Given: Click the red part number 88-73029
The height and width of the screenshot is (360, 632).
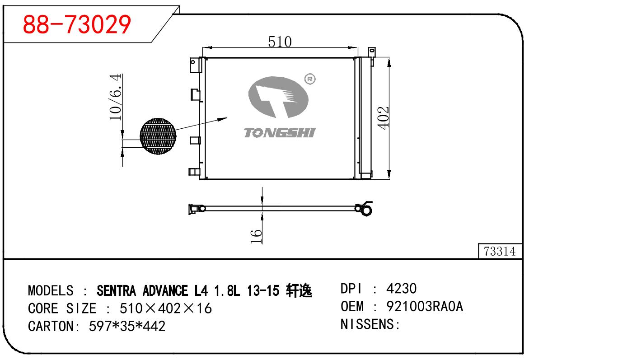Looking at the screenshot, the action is [77, 24].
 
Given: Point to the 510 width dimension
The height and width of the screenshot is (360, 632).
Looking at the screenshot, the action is [280, 42].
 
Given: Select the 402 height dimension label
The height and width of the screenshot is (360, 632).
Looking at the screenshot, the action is [383, 118].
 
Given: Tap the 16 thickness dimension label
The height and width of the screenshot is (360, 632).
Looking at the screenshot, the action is [256, 236].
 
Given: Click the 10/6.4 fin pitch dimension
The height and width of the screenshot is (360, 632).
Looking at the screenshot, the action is [116, 97].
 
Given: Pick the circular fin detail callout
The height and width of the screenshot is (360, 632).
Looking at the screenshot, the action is [158, 136].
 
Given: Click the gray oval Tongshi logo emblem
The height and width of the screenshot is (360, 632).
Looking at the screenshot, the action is [278, 97].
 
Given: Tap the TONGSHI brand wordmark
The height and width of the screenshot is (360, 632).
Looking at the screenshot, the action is [279, 133].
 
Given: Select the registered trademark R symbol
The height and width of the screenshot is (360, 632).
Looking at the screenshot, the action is [310, 79].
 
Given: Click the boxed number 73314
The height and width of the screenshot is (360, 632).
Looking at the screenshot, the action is [500, 251].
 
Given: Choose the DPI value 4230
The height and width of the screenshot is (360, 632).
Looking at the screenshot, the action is [401, 288].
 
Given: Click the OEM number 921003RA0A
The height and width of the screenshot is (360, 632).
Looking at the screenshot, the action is [425, 306].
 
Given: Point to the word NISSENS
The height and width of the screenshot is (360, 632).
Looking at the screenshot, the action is [367, 324].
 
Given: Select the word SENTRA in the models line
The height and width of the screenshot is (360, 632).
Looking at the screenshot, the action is [116, 291].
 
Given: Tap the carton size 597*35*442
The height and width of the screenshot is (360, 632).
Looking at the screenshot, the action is [127, 326].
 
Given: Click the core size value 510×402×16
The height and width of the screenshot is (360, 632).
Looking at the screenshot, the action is [166, 308].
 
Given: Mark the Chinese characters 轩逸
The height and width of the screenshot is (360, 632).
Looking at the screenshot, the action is [299, 290].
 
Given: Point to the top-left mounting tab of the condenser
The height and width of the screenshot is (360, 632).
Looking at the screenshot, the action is [195, 65].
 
